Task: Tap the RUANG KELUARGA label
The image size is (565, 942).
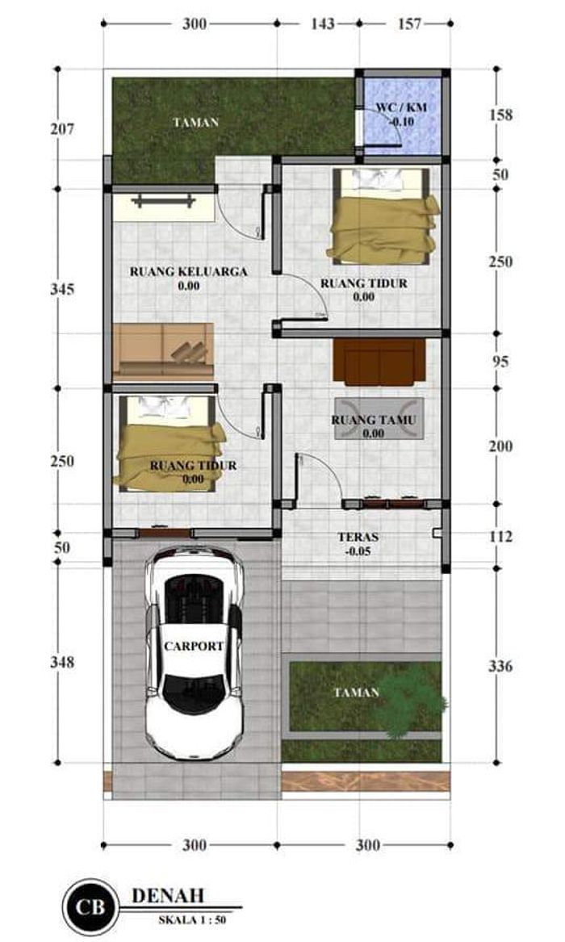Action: click(188, 271)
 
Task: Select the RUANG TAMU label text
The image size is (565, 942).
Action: click(373, 420)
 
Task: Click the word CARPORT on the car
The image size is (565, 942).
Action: click(194, 647)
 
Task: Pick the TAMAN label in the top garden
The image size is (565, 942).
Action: click(196, 123)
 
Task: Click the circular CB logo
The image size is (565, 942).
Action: click(90, 906)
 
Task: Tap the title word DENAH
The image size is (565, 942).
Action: click(167, 894)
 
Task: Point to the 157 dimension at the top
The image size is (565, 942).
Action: click(409, 24)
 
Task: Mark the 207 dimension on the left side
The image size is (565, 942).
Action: click(61, 128)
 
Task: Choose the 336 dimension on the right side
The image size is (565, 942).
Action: click(500, 667)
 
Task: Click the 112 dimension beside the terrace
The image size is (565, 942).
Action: click(500, 537)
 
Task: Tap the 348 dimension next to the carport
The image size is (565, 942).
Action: click(61, 662)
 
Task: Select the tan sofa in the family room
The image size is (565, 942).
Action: click(163, 350)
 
